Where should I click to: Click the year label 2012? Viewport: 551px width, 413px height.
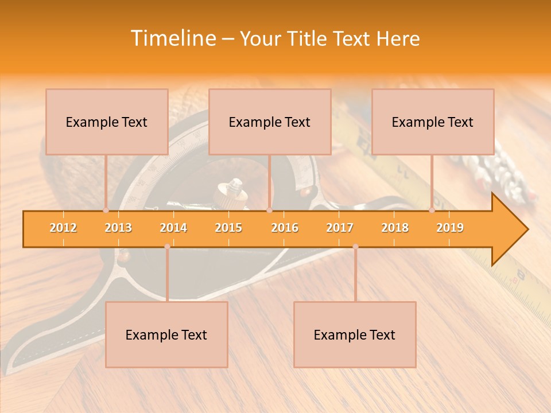[63, 228]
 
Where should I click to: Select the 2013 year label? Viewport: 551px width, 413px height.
[118, 228]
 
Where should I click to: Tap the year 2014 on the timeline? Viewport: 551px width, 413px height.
[173, 228]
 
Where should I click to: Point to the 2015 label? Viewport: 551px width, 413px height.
[228, 228]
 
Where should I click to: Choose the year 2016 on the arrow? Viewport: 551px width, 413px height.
[285, 228]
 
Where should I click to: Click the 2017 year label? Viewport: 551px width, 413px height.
[340, 228]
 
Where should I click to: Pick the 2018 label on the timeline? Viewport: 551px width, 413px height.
[395, 228]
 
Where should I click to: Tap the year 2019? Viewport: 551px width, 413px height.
[450, 228]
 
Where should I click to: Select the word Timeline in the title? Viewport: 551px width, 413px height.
[172, 38]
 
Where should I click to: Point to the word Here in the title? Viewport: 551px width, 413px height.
[398, 38]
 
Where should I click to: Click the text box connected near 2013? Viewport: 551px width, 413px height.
[107, 122]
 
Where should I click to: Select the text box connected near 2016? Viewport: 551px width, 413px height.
[270, 122]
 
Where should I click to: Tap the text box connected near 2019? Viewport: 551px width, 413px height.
[433, 122]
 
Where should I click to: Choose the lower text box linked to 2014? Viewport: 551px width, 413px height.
[166, 334]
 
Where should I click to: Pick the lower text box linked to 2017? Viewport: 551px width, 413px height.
[355, 334]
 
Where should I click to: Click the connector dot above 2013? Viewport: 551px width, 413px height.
[106, 211]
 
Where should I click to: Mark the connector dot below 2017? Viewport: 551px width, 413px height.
[355, 247]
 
